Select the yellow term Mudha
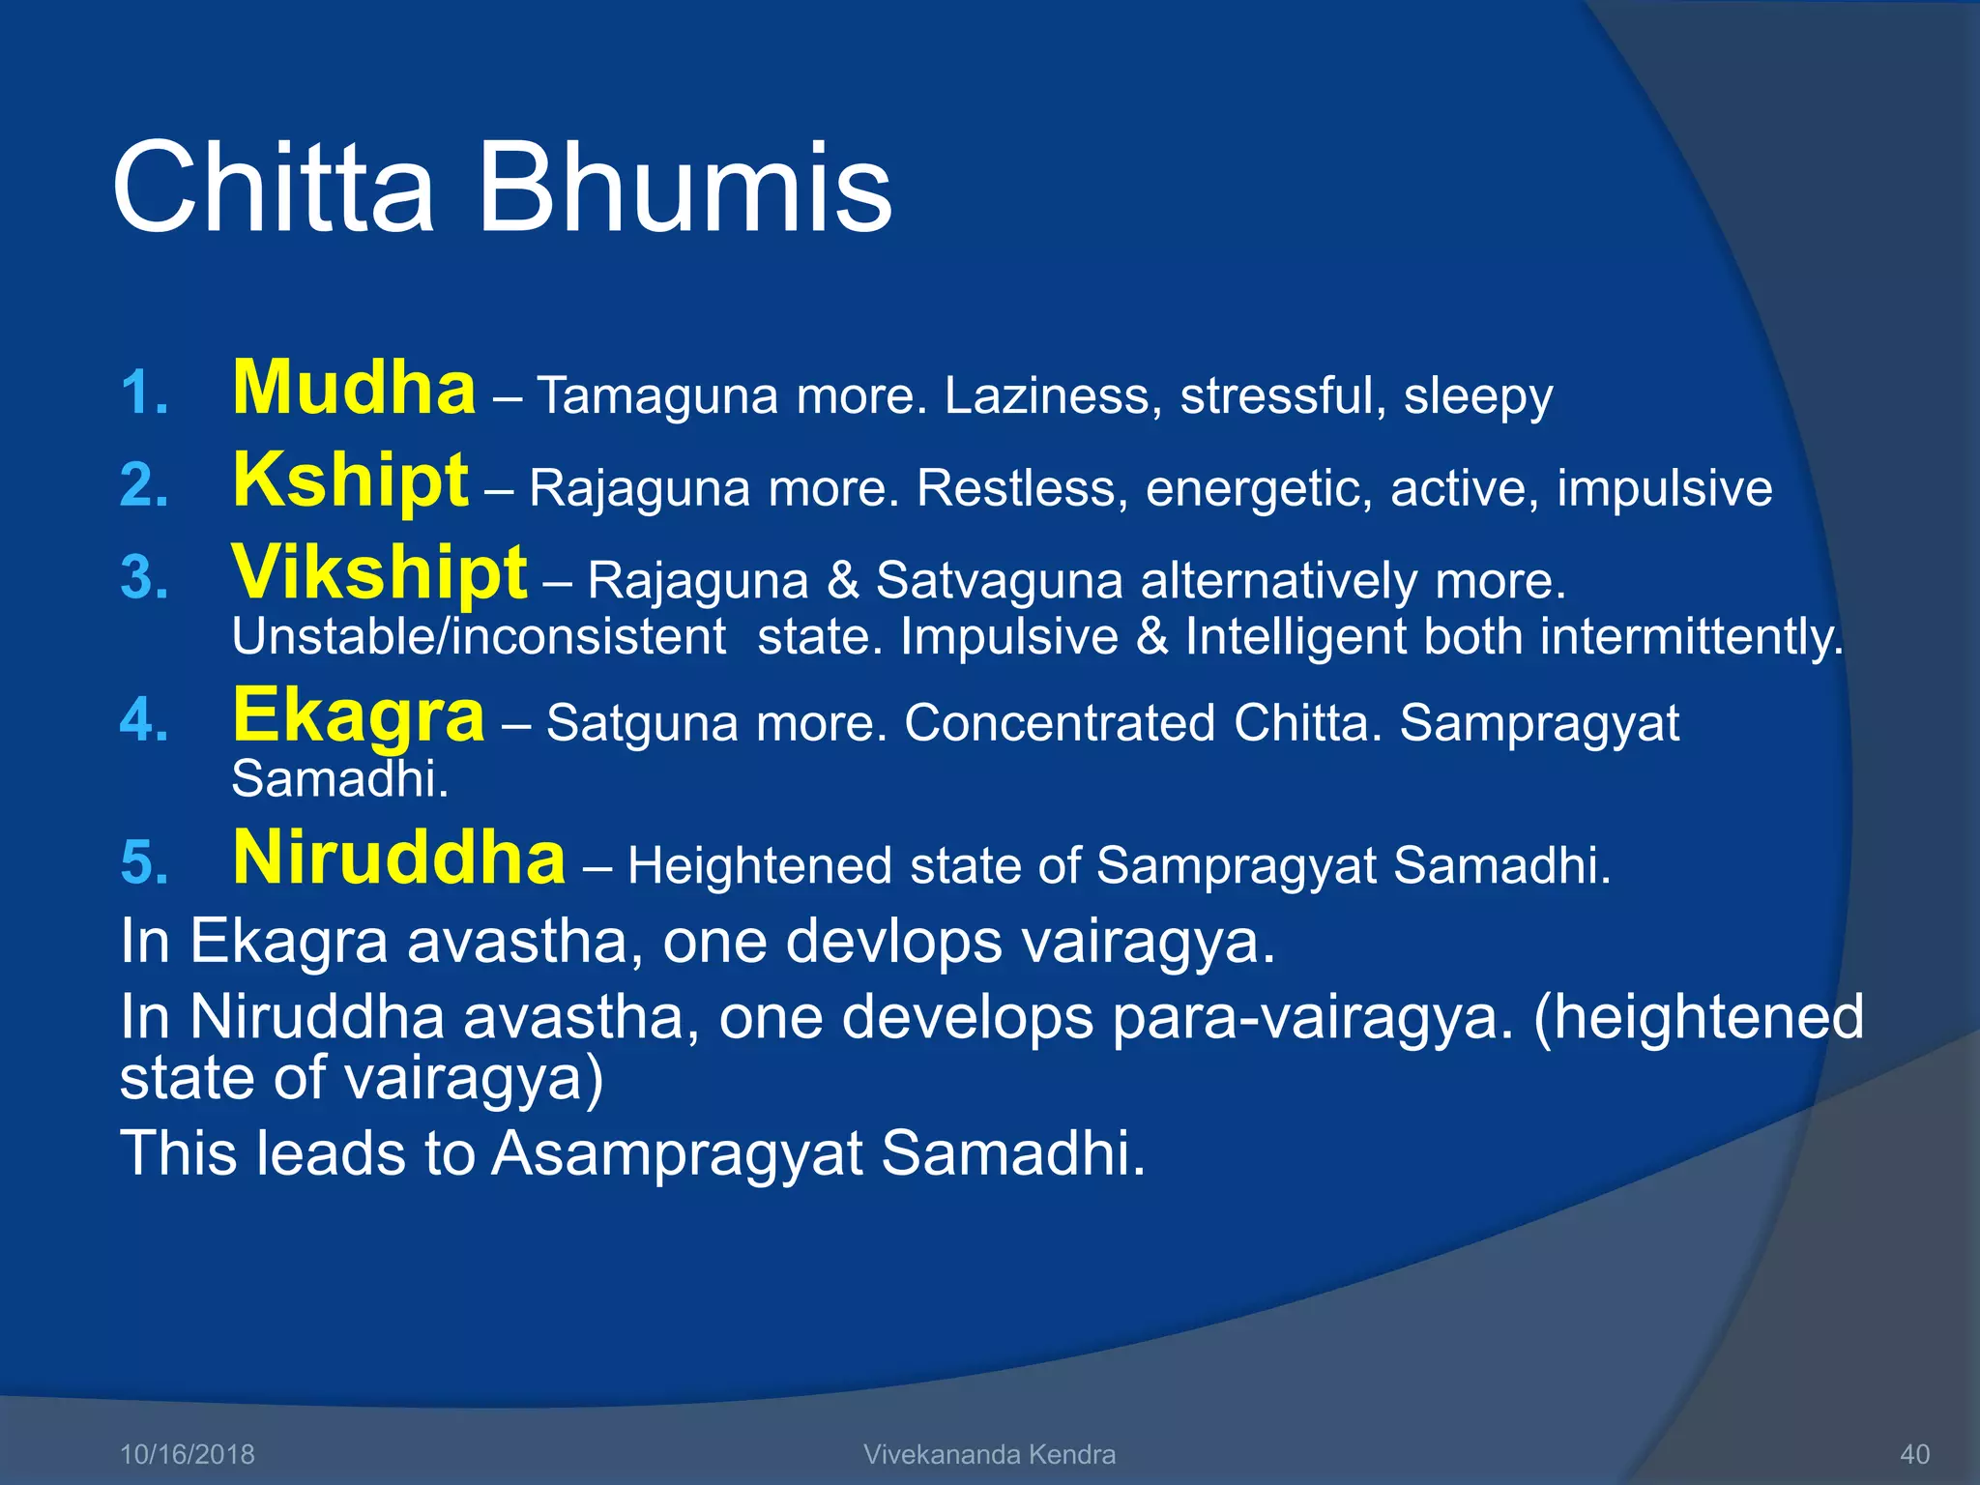[354, 389]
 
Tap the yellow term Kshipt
[350, 480]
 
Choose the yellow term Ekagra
[358, 715]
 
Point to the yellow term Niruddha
[398, 859]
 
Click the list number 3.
[144, 579]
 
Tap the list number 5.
[144, 863]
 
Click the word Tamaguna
[656, 395]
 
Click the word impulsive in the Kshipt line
[1664, 488]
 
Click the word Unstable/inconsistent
[479, 638]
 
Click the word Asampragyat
[676, 1153]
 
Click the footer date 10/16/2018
[187, 1454]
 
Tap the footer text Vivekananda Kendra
[989, 1454]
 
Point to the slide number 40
[1914, 1454]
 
